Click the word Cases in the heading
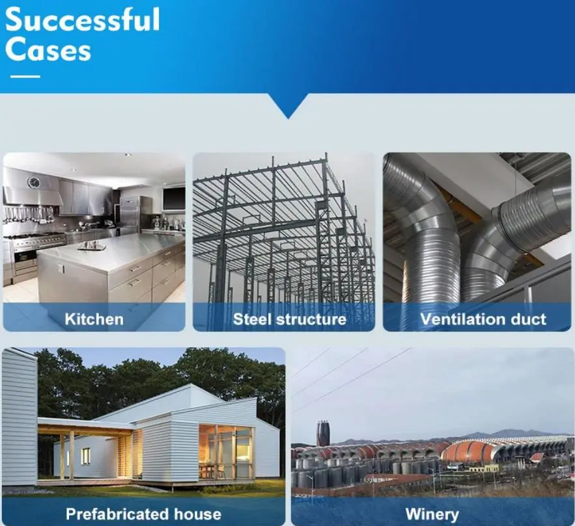(48, 51)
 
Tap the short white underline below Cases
(25, 77)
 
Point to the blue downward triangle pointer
(287, 107)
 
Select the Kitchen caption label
(94, 319)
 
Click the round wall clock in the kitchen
(33, 182)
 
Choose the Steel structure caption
(289, 319)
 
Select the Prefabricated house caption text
(143, 514)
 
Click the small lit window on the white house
(85, 456)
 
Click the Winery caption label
(432, 514)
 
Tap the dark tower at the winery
(323, 434)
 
